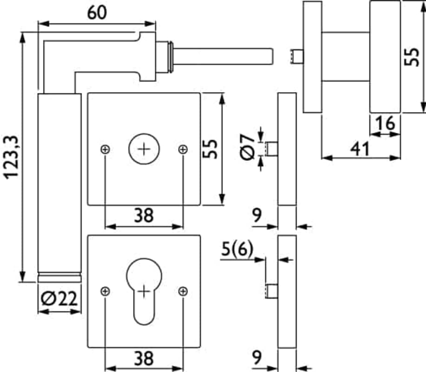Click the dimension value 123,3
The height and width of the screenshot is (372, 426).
point(10,157)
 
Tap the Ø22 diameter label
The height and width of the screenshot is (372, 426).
point(58,298)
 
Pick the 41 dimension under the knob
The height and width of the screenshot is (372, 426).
point(360,149)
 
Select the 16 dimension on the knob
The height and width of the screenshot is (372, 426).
point(386,124)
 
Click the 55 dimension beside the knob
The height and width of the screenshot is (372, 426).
point(413,56)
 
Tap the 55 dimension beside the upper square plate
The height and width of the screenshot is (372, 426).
point(212,149)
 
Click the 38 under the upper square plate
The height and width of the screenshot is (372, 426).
point(144,215)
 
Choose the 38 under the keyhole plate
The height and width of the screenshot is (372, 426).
point(144,359)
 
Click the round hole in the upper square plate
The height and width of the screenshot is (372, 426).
point(144,149)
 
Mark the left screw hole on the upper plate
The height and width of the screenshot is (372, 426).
point(105,149)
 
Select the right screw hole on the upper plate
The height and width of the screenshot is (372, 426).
point(183,149)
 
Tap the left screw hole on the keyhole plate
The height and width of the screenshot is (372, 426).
point(105,291)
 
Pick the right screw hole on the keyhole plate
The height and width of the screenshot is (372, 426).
point(183,291)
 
